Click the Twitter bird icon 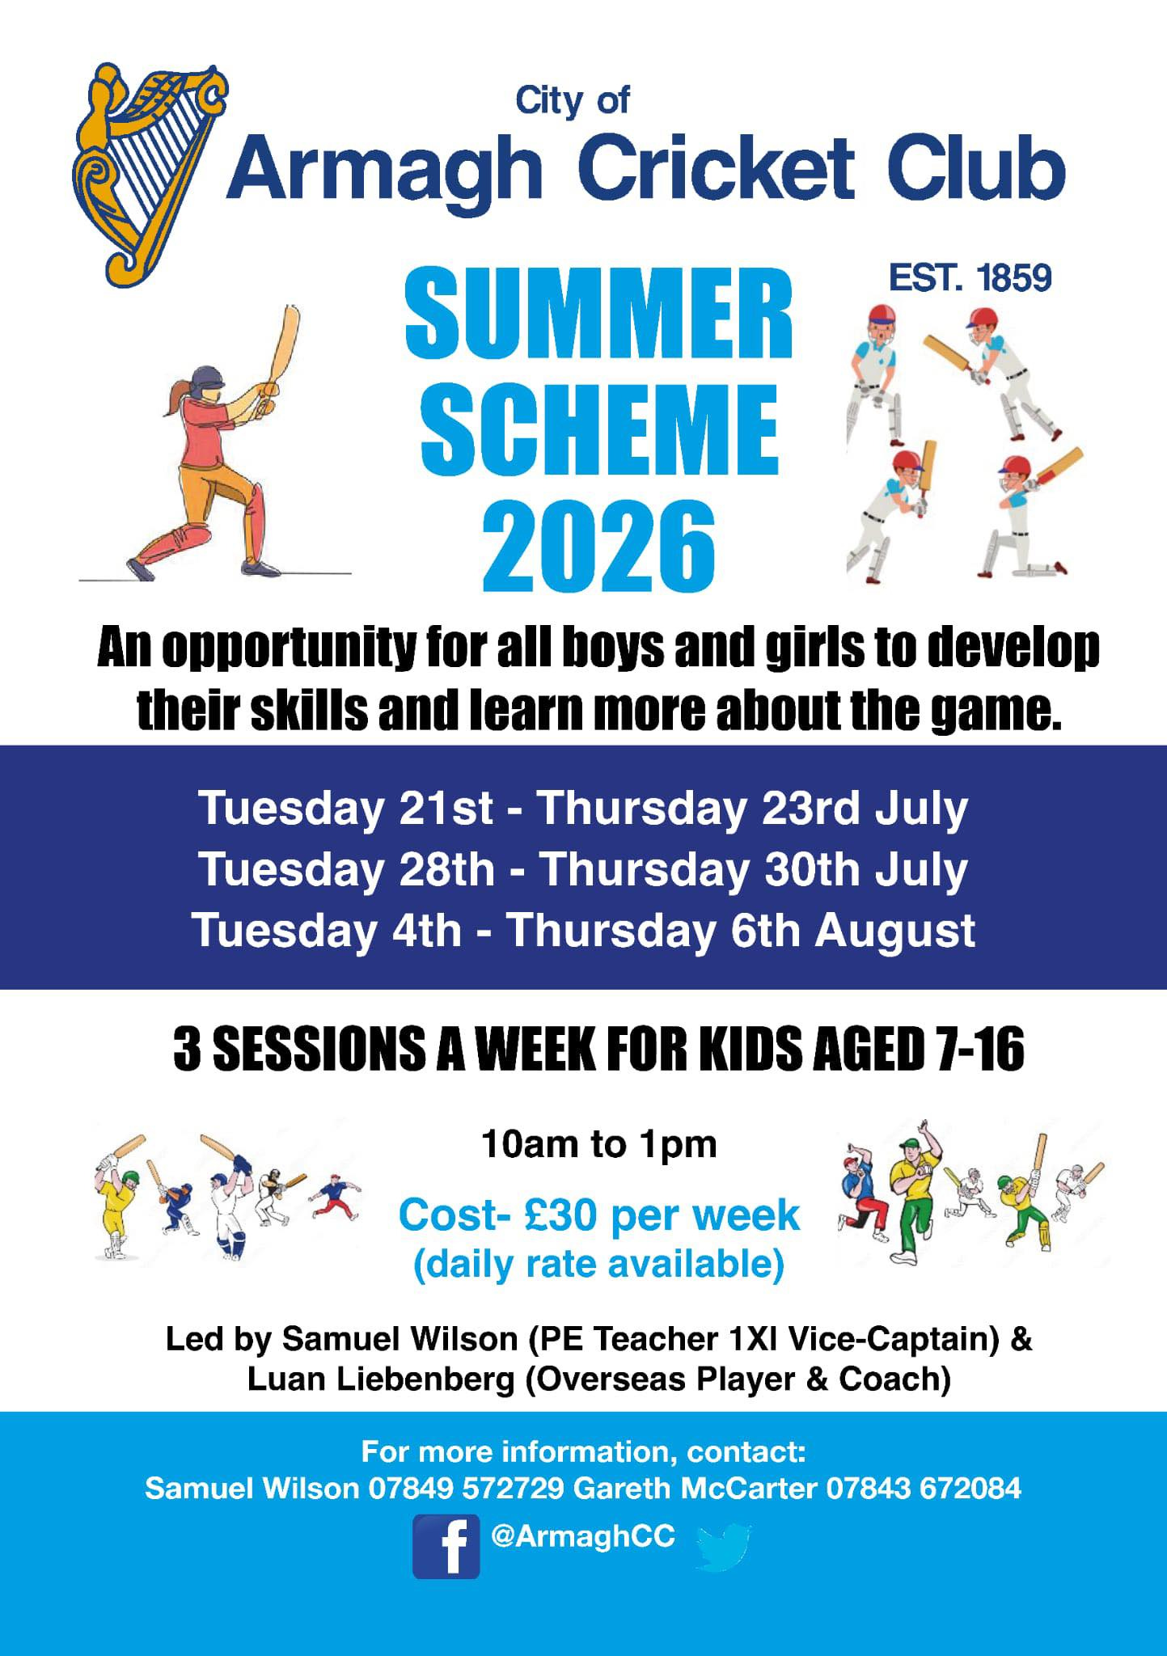coord(723,1547)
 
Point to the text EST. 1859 coord(970,279)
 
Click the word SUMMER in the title coord(599,315)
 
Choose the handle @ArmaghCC coord(582,1536)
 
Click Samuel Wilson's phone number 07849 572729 coord(466,1488)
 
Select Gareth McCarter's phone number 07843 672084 coord(924,1488)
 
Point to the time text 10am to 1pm coord(599,1145)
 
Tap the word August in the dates coord(894,931)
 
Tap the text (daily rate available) coord(599,1264)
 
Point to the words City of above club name coord(573,101)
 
